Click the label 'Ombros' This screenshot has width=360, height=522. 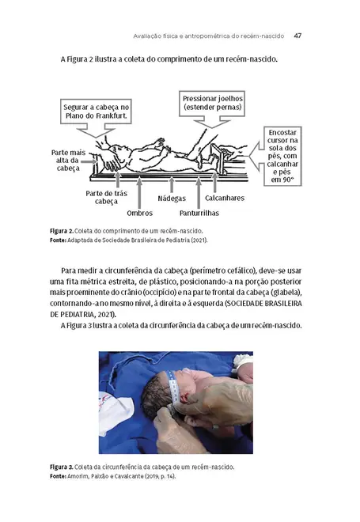pyautogui.click(x=139, y=212)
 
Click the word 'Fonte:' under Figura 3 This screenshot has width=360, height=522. pyautogui.click(x=60, y=477)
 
